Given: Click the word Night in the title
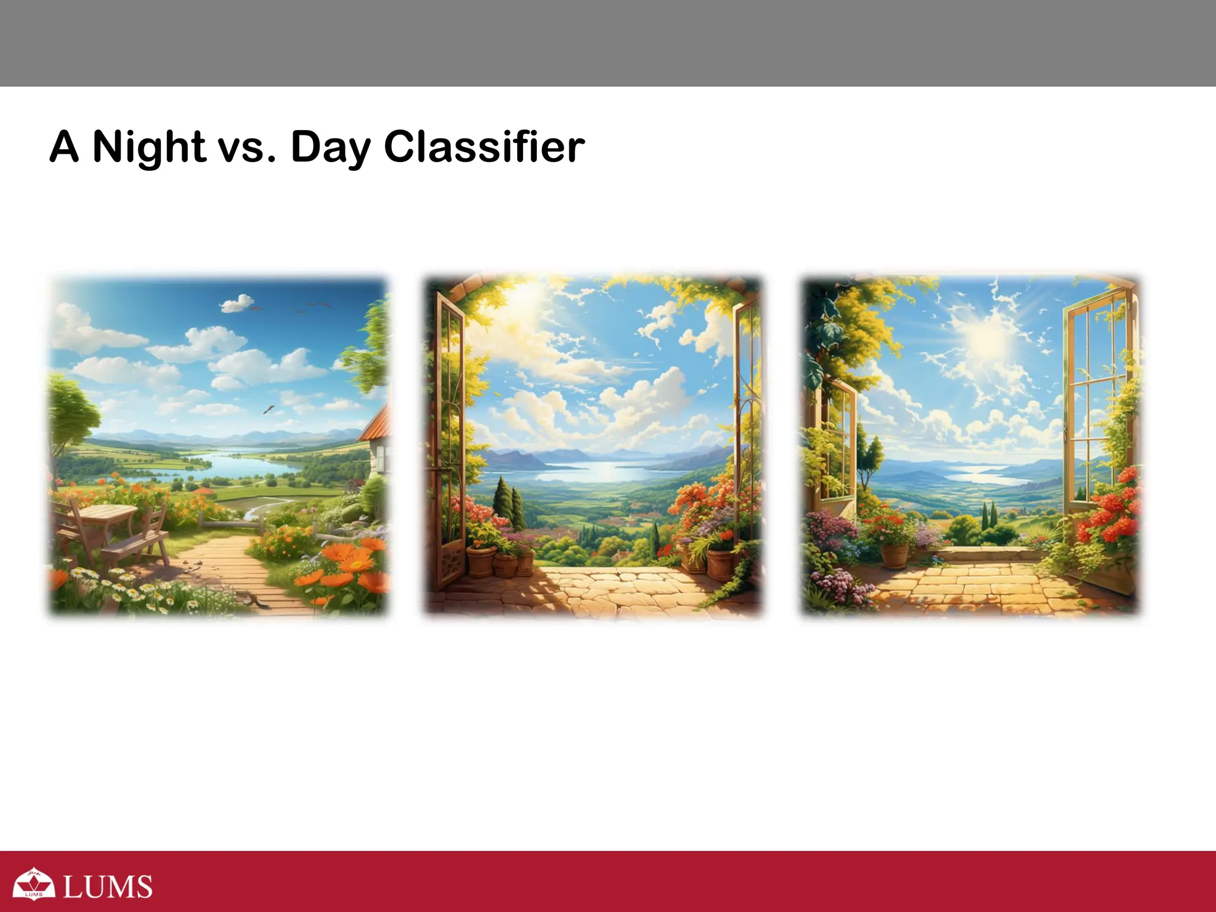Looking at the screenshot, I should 149,147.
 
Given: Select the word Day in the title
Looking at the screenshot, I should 330,147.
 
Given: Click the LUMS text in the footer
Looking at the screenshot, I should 107,886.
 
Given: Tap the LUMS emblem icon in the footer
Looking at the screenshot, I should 34,883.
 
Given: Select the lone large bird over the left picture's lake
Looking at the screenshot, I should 269,409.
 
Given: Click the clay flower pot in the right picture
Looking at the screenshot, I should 895,555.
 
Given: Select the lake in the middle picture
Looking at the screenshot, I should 600,472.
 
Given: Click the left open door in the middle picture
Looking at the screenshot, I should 449,439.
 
